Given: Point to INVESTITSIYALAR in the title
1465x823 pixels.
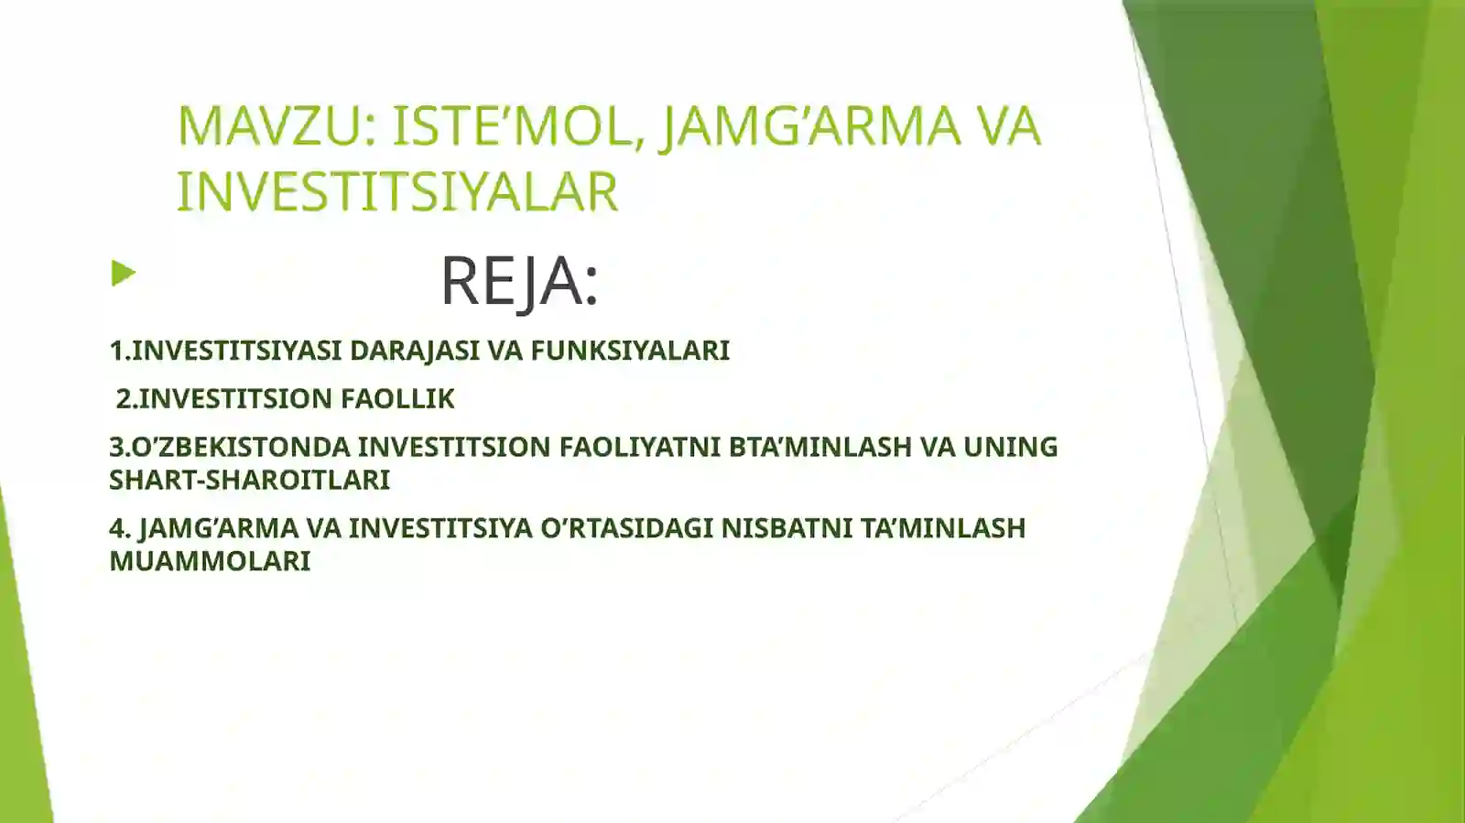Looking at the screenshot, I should [x=397, y=191].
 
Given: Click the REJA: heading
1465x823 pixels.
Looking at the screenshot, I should [x=519, y=280].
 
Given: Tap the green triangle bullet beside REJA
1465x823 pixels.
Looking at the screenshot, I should [x=123, y=273].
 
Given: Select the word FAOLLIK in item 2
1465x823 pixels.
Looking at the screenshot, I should [x=397, y=399].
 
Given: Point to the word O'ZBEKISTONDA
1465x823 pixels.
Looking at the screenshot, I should [x=242, y=447].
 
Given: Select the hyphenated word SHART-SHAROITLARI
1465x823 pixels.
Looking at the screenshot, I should [x=249, y=480].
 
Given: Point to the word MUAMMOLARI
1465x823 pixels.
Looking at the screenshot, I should [x=210, y=561].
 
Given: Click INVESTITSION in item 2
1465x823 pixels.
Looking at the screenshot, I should [x=235, y=399].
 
